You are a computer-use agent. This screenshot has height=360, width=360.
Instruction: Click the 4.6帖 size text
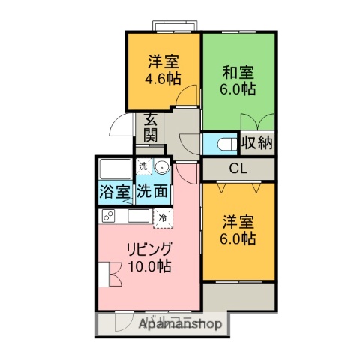coord(163,76)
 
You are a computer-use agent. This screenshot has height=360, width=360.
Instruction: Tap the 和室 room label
coord(238,73)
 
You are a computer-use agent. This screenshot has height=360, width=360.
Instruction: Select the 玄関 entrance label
coord(150,127)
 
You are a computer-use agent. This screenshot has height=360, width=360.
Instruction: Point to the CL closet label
coord(238,168)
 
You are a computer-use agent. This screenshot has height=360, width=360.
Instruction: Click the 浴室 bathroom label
coord(115,190)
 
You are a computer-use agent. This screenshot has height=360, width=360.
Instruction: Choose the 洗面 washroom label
coord(152,190)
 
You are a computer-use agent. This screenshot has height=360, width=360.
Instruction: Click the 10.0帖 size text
coord(150,265)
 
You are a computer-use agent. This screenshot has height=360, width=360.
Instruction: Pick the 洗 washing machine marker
coord(142,166)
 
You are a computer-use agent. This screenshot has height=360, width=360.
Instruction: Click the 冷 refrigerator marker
coord(163,217)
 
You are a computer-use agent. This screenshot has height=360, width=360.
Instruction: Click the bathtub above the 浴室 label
coord(115,168)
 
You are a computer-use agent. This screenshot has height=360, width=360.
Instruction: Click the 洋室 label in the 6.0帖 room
coord(238,223)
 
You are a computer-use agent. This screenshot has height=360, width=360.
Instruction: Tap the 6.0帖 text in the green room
coord(238,89)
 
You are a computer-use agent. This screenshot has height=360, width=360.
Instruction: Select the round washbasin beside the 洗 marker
coord(161,166)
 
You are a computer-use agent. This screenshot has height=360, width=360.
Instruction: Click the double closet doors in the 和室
coord(257,123)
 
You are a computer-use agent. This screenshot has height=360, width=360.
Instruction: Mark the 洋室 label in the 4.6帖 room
coord(163,61)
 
